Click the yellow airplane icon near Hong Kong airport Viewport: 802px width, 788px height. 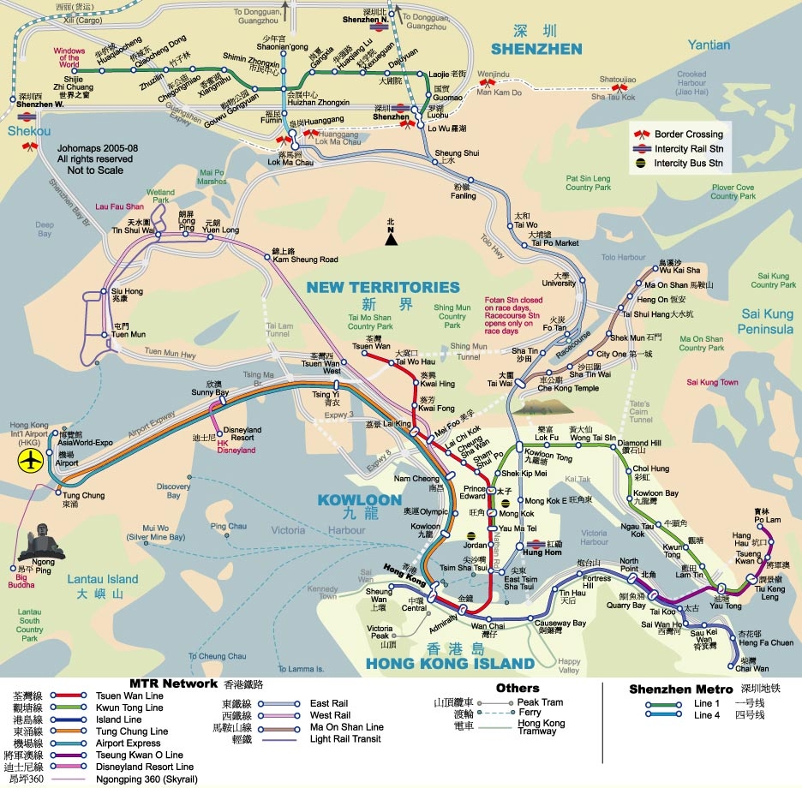click(31, 461)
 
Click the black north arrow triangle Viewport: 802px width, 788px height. click(391, 239)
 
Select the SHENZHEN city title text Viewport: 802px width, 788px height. click(538, 49)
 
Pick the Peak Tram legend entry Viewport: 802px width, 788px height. click(540, 702)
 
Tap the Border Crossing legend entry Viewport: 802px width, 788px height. click(688, 134)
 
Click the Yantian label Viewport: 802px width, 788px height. click(709, 45)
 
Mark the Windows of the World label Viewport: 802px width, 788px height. click(69, 57)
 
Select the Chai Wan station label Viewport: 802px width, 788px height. click(753, 668)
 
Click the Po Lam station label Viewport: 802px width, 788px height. click(767, 519)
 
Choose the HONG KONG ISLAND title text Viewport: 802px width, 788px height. click(450, 663)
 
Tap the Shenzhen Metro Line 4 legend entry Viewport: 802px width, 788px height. click(708, 715)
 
